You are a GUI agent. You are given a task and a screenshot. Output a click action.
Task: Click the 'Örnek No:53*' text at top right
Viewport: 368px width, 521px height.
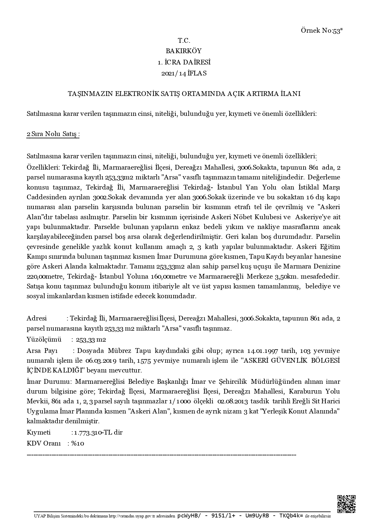click(x=322, y=31)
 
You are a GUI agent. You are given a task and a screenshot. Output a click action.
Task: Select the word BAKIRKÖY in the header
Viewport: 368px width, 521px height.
click(x=184, y=51)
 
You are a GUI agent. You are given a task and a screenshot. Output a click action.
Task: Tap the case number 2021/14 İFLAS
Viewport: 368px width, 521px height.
click(x=184, y=73)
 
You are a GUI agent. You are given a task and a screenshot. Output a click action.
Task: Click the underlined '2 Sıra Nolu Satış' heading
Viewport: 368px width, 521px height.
click(x=53, y=134)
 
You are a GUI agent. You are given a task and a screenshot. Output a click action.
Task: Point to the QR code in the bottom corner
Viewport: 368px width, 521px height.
click(x=346, y=504)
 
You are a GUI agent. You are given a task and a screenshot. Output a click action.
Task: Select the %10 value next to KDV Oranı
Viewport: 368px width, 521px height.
click(x=78, y=443)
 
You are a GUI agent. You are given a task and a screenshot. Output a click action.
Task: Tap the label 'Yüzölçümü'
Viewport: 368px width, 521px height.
click(x=44, y=340)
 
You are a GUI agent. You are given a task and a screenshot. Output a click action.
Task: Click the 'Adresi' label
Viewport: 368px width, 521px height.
click(x=37, y=318)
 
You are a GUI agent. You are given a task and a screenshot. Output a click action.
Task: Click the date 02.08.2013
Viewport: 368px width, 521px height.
click(x=232, y=401)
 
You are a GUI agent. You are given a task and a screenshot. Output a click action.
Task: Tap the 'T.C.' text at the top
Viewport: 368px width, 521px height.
click(x=184, y=41)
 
